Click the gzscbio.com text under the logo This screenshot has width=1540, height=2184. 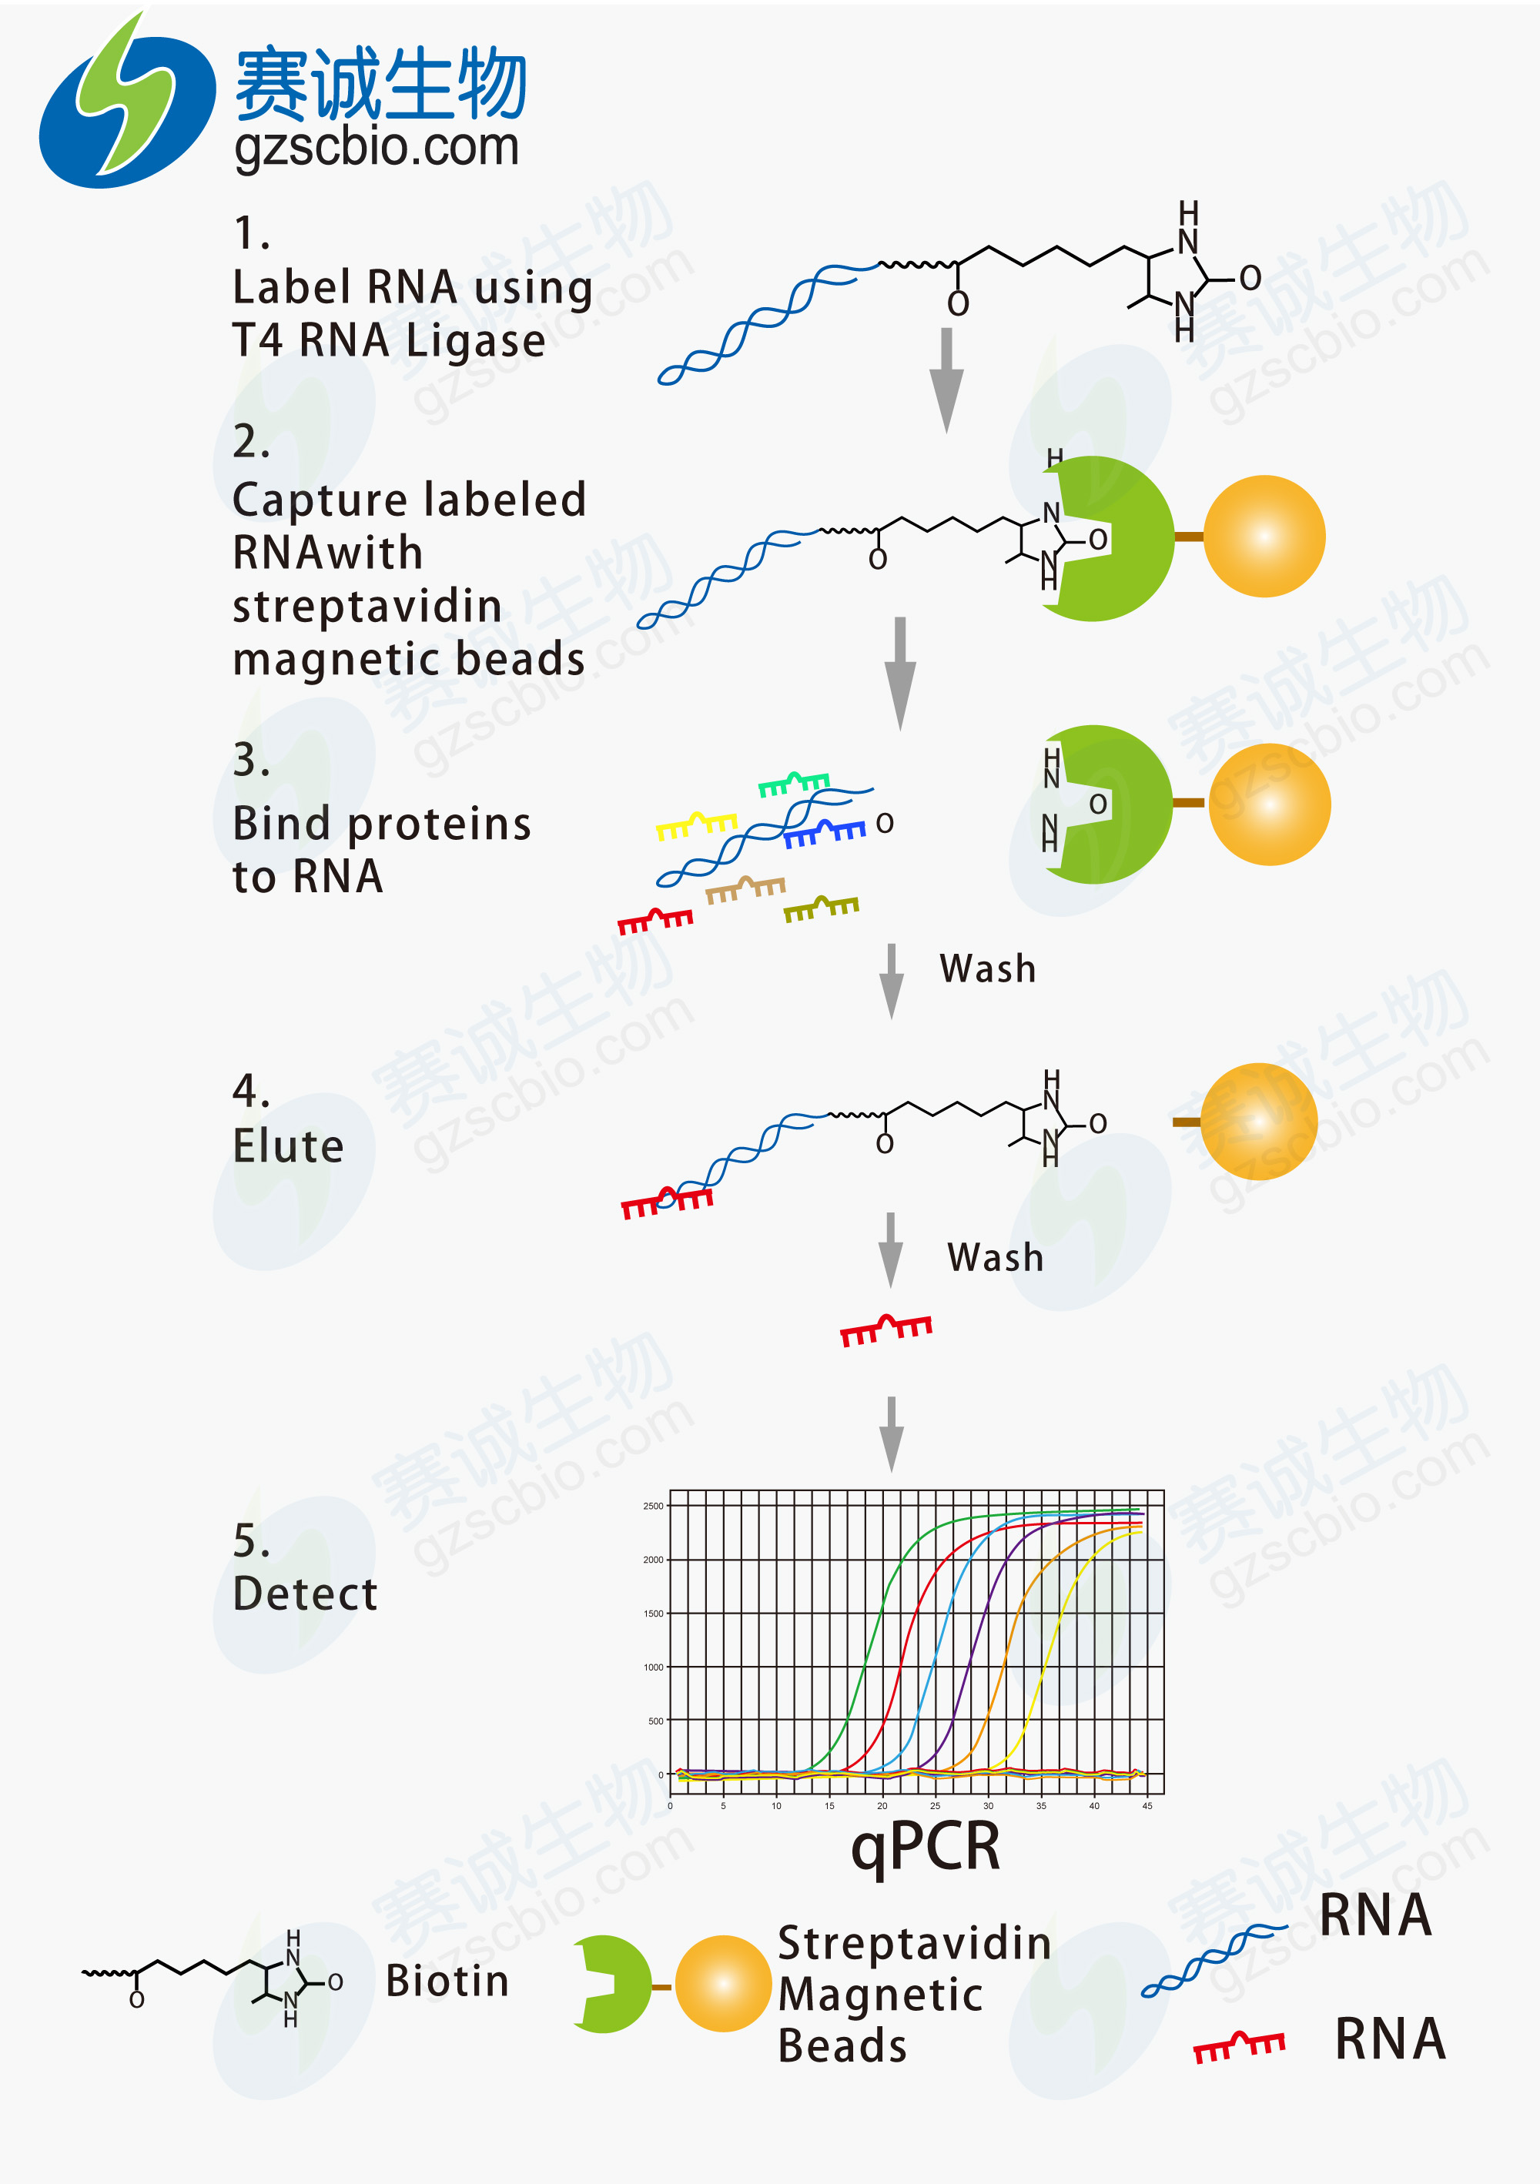click(377, 148)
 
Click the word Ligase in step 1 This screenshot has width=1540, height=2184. click(476, 340)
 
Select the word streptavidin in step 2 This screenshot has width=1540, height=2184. click(367, 606)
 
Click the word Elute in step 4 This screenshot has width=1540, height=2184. click(288, 1146)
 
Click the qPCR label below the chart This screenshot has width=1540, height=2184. click(925, 1846)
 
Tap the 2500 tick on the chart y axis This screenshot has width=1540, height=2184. click(652, 1506)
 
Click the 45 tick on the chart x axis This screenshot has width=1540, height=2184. click(1147, 1805)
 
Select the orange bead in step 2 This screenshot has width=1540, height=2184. click(1264, 537)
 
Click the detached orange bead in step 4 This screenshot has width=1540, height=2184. click(1257, 1122)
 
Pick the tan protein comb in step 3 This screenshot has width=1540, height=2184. click(745, 889)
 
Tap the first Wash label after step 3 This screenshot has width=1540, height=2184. click(987, 968)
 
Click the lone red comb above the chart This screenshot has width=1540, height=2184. click(885, 1329)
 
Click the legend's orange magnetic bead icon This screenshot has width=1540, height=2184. click(723, 1983)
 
